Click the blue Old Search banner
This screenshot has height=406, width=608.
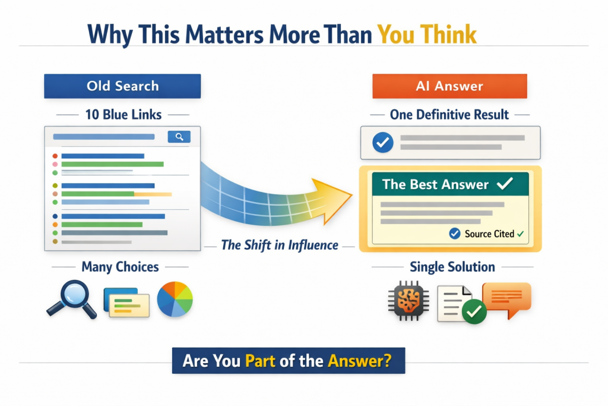click(122, 86)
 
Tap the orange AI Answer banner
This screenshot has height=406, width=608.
click(450, 86)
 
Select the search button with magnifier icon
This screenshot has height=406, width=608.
click(179, 137)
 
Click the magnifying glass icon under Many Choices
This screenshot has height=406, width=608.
click(72, 299)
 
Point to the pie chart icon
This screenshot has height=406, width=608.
click(175, 299)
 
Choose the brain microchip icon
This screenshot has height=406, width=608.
click(408, 301)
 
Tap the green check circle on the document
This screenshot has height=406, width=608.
click(474, 311)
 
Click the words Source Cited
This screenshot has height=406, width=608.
click(489, 234)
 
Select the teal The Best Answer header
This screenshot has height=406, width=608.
click(451, 184)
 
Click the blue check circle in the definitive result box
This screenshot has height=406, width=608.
click(383, 143)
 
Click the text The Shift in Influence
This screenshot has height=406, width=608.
click(280, 246)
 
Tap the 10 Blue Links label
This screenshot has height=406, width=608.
click(123, 115)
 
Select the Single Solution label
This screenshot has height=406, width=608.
click(452, 267)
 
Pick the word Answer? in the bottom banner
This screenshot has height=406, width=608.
click(360, 361)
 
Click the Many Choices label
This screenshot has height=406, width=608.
click(120, 267)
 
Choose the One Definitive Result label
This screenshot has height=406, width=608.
click(449, 115)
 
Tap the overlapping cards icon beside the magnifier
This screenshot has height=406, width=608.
click(126, 303)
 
